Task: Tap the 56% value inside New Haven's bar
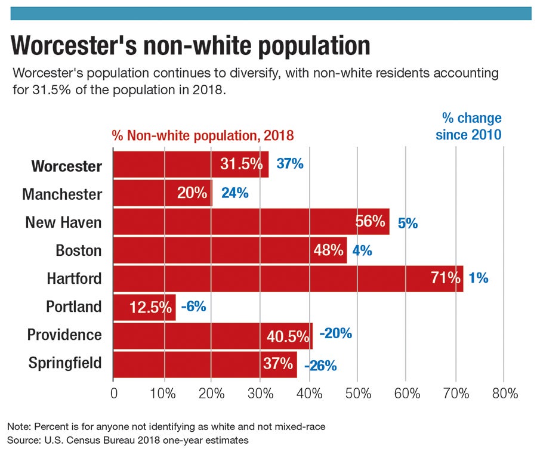(x=370, y=222)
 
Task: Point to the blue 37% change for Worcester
(x=290, y=164)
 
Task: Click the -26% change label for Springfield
(x=320, y=365)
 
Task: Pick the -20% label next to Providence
(x=335, y=334)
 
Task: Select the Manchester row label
(x=62, y=194)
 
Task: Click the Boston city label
(x=79, y=250)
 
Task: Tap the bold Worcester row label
(x=66, y=166)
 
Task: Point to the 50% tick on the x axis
(x=357, y=394)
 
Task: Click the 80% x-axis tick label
(x=504, y=394)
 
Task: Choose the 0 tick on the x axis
(x=114, y=394)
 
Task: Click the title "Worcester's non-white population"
(x=191, y=46)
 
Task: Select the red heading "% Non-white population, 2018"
(x=203, y=135)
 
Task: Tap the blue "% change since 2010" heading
(x=468, y=126)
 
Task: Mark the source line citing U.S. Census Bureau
(x=128, y=440)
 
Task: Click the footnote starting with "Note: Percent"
(x=168, y=427)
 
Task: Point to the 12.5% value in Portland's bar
(x=150, y=308)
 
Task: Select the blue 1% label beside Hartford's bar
(x=479, y=278)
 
